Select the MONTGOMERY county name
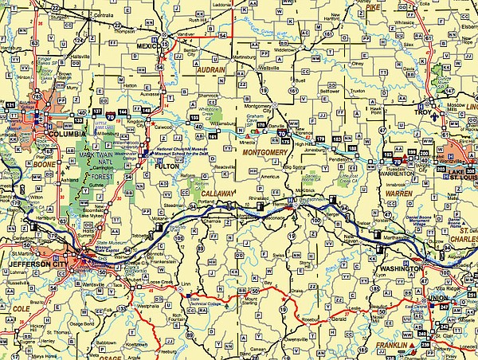point(264,151)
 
